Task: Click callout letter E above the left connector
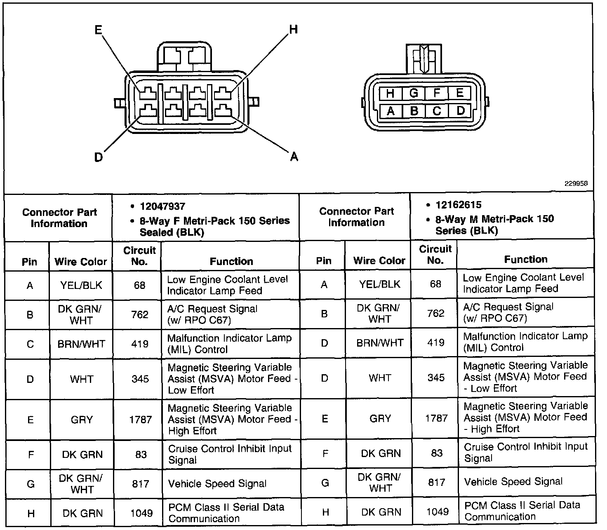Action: (98, 30)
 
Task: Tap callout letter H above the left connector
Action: (293, 29)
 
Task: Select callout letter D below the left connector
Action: (98, 157)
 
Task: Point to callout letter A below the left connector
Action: (294, 156)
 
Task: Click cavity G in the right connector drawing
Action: (414, 93)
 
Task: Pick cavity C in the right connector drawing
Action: (437, 111)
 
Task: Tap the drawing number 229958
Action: (576, 184)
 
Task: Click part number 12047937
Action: (162, 206)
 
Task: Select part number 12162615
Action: (458, 205)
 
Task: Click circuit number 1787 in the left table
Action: (140, 420)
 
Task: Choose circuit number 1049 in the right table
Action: (437, 511)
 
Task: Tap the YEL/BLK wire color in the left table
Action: (81, 285)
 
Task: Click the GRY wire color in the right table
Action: (380, 418)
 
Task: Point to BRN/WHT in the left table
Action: (81, 344)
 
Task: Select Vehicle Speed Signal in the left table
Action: (217, 483)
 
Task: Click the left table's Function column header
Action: (231, 261)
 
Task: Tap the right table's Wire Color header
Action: (379, 260)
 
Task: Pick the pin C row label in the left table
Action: (30, 344)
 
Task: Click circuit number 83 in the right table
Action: (437, 453)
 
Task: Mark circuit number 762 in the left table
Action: (140, 315)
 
